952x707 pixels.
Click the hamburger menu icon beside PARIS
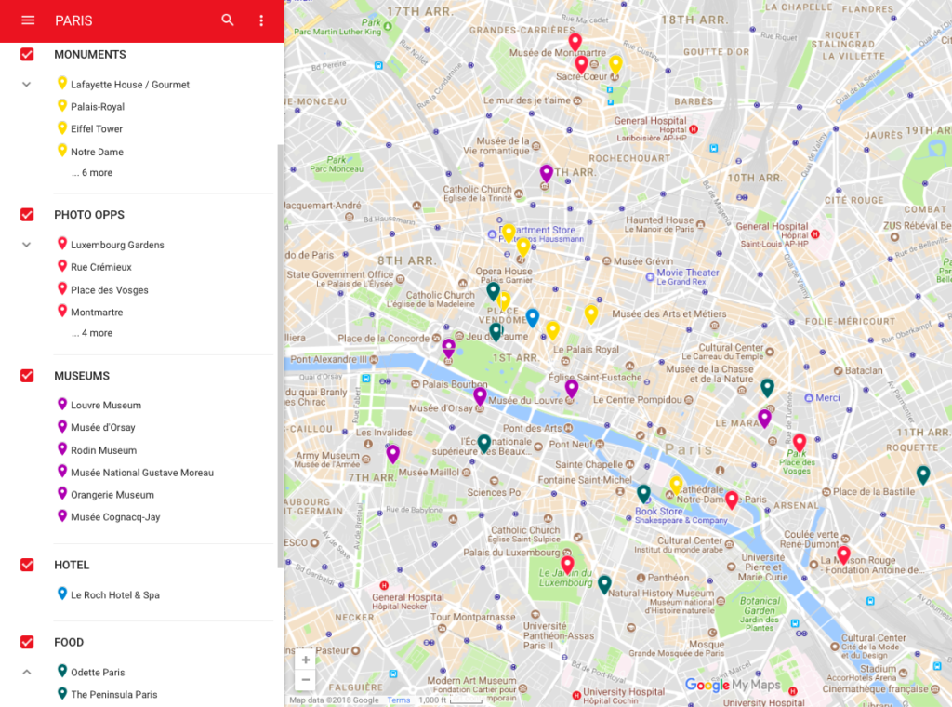[28, 20]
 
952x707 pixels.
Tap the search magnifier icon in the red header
[228, 20]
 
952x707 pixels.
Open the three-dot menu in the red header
[261, 20]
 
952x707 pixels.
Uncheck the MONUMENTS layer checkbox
[28, 55]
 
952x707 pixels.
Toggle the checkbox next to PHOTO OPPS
[28, 215]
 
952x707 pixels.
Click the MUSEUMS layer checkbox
[28, 376]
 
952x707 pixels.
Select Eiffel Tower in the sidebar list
[97, 129]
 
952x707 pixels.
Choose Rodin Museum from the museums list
[103, 450]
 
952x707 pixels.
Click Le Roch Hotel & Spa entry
[115, 595]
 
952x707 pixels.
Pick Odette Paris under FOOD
[98, 673]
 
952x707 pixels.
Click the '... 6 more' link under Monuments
[91, 173]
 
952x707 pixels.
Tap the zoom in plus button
[305, 660]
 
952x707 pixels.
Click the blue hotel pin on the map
[532, 317]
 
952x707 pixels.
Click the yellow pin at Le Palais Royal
[552, 329]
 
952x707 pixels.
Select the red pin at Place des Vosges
[799, 442]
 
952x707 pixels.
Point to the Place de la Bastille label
[874, 492]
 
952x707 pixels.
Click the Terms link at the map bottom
[399, 700]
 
